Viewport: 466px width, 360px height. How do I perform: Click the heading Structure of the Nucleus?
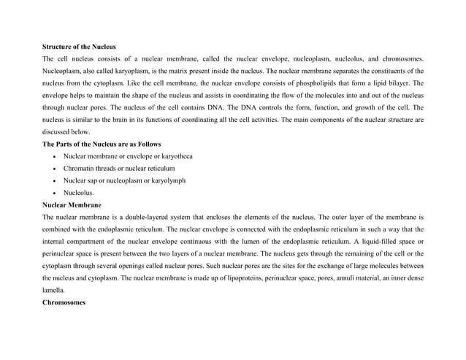pyautogui.click(x=79, y=45)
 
